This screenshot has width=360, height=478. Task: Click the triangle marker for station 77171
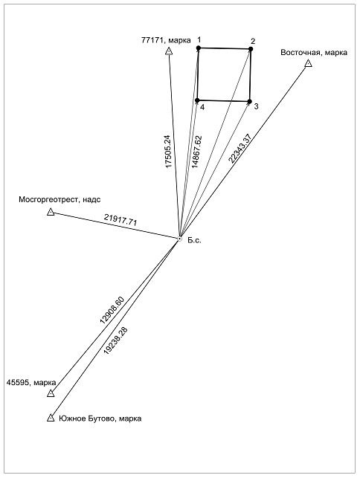coord(169,51)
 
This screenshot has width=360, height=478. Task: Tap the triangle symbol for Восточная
coord(308,63)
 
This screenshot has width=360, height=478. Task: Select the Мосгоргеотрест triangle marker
coord(51,212)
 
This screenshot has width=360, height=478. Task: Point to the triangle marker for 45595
coord(51,393)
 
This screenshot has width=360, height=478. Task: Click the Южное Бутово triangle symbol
coord(51,418)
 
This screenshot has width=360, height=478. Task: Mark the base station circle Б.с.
coord(180,239)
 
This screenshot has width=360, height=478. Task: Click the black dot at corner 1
coord(199,48)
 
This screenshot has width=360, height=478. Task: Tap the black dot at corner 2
coord(251,49)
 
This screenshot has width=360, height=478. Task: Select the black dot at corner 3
coord(250,101)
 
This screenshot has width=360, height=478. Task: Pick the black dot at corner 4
coord(197,100)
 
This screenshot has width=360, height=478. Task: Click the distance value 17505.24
coord(168,152)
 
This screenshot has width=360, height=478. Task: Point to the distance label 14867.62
coord(197,152)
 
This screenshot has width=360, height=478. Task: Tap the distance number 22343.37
coord(240,149)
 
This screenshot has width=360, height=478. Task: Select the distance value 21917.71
coord(120,219)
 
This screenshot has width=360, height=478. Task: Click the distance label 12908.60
coord(112,310)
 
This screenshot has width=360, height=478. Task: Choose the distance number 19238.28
coord(116,340)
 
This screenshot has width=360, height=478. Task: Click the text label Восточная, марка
coord(314,53)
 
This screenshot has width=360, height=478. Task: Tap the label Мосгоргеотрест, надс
coord(60,200)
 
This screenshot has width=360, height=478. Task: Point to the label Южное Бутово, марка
coord(100,419)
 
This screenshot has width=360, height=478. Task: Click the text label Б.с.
coord(194,240)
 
